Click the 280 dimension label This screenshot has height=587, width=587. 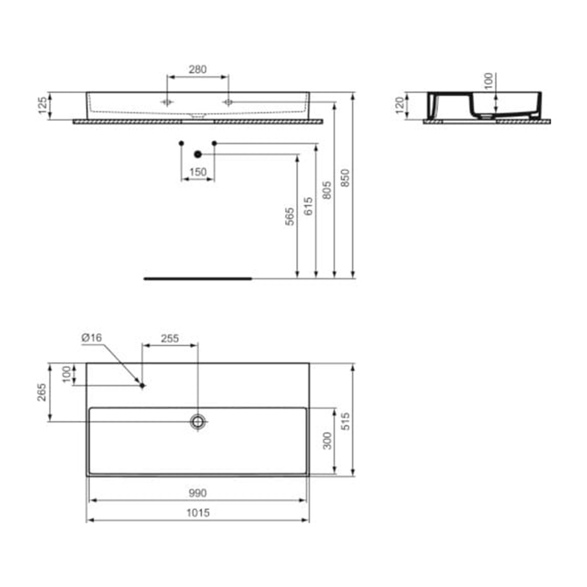click(x=197, y=70)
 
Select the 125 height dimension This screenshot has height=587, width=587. click(x=43, y=105)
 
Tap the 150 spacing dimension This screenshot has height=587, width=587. click(x=198, y=172)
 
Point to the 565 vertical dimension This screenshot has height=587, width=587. click(x=290, y=216)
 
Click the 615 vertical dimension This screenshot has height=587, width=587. click(x=308, y=206)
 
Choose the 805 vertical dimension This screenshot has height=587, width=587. click(x=327, y=190)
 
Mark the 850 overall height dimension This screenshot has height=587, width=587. click(x=345, y=178)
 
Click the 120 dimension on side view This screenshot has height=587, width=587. click(x=400, y=105)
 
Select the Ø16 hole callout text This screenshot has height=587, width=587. click(x=91, y=338)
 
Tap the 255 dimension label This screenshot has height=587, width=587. click(x=169, y=339)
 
